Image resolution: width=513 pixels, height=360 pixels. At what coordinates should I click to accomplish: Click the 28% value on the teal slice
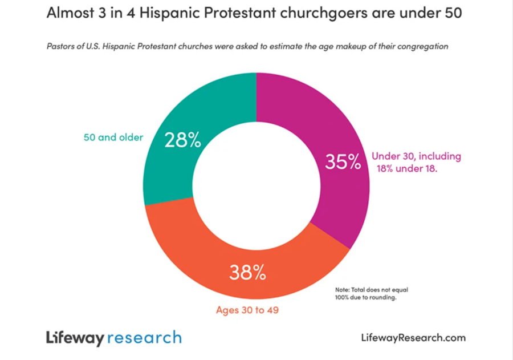point(182,140)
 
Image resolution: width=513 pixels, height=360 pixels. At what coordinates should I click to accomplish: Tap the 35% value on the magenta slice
point(343,162)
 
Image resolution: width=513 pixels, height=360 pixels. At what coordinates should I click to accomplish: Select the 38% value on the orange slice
point(247,273)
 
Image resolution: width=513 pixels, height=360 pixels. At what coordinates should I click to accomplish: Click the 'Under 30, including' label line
point(416,156)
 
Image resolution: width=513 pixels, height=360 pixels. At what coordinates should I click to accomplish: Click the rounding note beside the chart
point(371,293)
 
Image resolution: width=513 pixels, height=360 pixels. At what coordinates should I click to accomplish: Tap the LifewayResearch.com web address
point(413,337)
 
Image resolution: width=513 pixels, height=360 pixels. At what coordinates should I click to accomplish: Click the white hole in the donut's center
point(256,186)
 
